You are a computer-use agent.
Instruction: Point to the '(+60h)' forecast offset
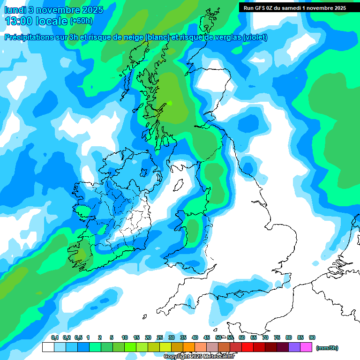click(81, 21)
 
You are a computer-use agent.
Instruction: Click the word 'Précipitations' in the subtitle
click(33, 37)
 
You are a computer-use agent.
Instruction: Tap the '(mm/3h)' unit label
click(327, 348)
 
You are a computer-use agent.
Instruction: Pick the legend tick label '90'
click(312, 337)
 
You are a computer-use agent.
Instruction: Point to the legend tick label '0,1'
click(54, 337)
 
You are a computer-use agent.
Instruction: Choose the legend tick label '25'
click(160, 337)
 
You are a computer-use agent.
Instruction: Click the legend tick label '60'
click(242, 337)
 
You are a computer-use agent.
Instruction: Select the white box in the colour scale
click(48, 347)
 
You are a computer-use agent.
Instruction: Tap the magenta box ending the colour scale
click(306, 347)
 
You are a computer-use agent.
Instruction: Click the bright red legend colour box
click(247, 347)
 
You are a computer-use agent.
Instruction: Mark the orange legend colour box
click(189, 347)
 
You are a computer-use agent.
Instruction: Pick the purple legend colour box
click(294, 347)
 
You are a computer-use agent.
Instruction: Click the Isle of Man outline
click(178, 186)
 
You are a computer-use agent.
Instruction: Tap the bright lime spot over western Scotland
click(170, 103)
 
